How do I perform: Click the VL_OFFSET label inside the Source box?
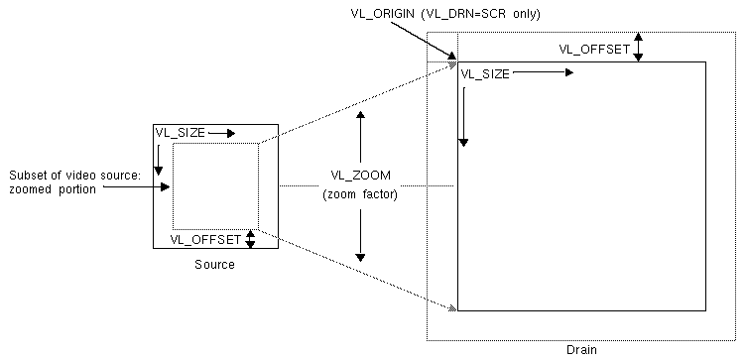pyautogui.click(x=205, y=239)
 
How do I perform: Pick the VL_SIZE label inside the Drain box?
pyautogui.click(x=483, y=73)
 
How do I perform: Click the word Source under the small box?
pyautogui.click(x=214, y=265)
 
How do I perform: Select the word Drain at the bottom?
pyautogui.click(x=581, y=349)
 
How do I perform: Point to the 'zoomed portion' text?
pyautogui.click(x=54, y=189)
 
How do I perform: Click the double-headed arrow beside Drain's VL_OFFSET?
pyautogui.click(x=640, y=47)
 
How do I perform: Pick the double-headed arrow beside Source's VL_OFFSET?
pyautogui.click(x=250, y=239)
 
